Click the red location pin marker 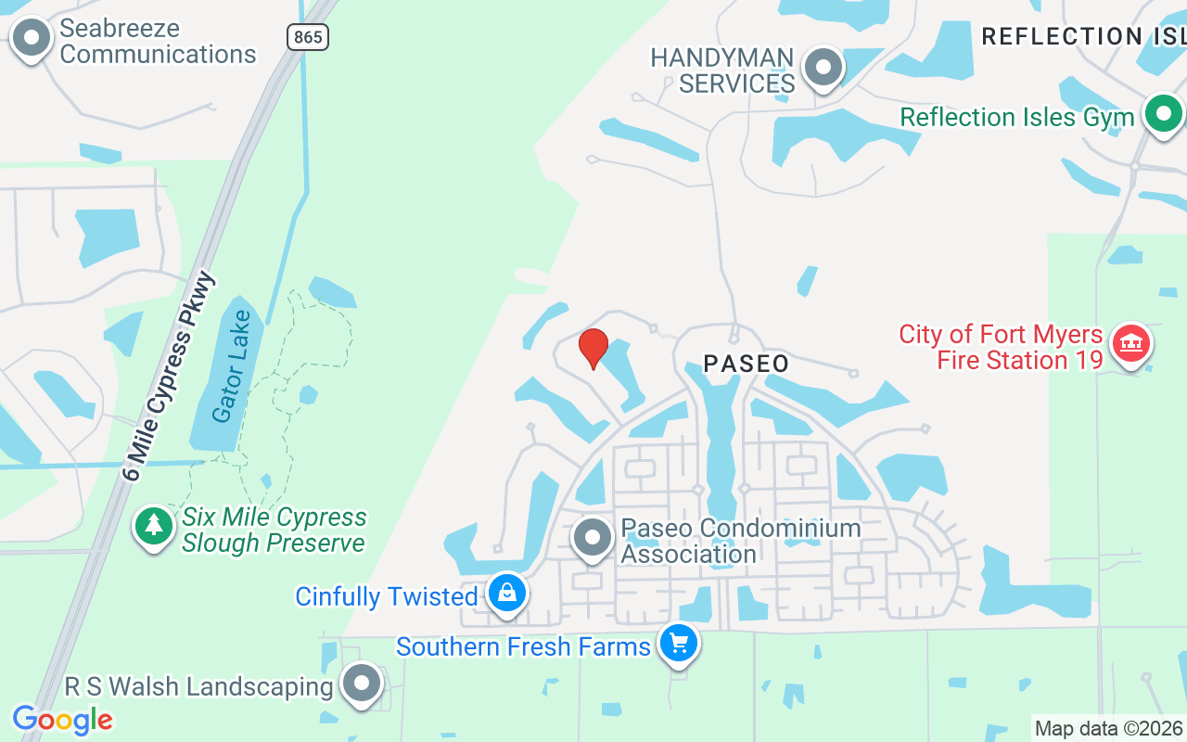(x=593, y=349)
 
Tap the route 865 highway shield (x=307, y=37)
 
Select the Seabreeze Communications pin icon (x=32, y=39)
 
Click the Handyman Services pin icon (x=822, y=68)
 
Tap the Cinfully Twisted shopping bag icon (x=506, y=593)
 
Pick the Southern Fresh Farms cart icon (x=678, y=642)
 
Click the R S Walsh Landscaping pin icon (x=362, y=684)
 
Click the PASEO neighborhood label (x=747, y=364)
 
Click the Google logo (x=62, y=720)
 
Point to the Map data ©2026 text (x=1108, y=729)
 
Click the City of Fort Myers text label (x=1001, y=334)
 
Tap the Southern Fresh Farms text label (x=523, y=646)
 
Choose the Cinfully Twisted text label (x=386, y=596)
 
